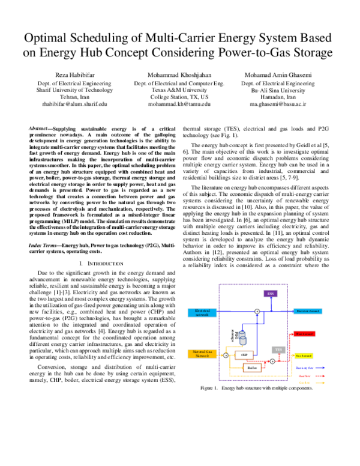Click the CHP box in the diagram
[x=244, y=355]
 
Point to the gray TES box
[x=278, y=349]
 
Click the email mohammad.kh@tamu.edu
[x=179, y=104]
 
